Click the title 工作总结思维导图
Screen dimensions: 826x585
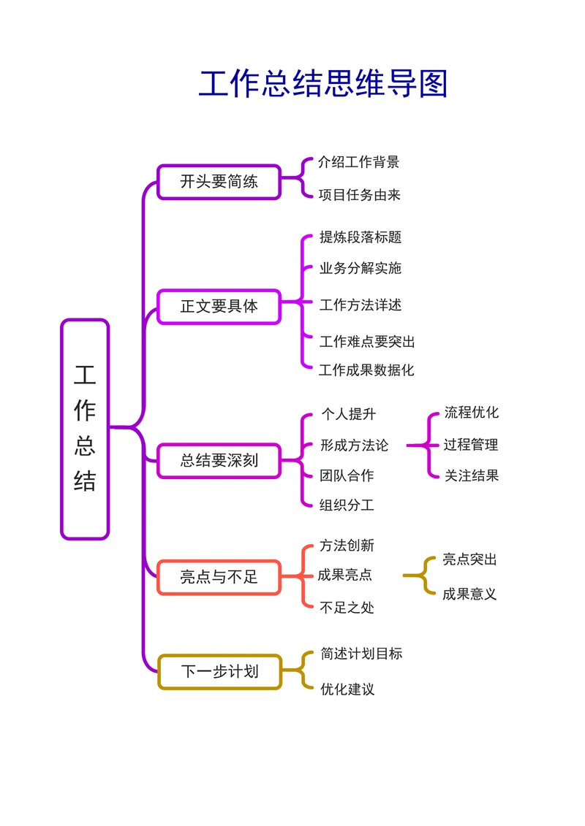pyautogui.click(x=322, y=85)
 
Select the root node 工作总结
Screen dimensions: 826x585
pyautogui.click(x=85, y=429)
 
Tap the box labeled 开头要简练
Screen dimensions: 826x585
pyautogui.click(x=219, y=182)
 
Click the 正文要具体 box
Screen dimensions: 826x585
pyautogui.click(x=219, y=306)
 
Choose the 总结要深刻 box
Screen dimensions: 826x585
pyautogui.click(x=219, y=461)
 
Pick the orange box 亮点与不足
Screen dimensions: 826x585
pyautogui.click(x=219, y=577)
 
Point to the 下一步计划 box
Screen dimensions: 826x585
pyautogui.click(x=219, y=672)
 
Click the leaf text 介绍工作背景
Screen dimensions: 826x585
pyautogui.click(x=358, y=162)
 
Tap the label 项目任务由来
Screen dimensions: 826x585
pyautogui.click(x=359, y=195)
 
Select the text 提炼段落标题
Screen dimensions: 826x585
pyautogui.click(x=361, y=237)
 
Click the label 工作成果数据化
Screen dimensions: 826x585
pyautogui.click(x=366, y=370)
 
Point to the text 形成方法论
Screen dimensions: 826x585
pyautogui.click(x=354, y=445)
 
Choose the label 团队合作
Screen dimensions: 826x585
pyautogui.click(x=347, y=475)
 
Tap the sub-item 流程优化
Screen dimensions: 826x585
pyautogui.click(x=472, y=413)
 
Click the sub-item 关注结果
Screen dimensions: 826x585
pyautogui.click(x=472, y=475)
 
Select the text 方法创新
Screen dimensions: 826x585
pyautogui.click(x=347, y=546)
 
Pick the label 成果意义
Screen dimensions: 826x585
pyautogui.click(x=469, y=594)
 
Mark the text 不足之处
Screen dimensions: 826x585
pyautogui.click(x=347, y=607)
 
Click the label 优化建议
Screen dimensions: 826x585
pyautogui.click(x=347, y=689)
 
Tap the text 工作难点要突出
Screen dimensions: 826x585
pyautogui.click(x=367, y=341)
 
